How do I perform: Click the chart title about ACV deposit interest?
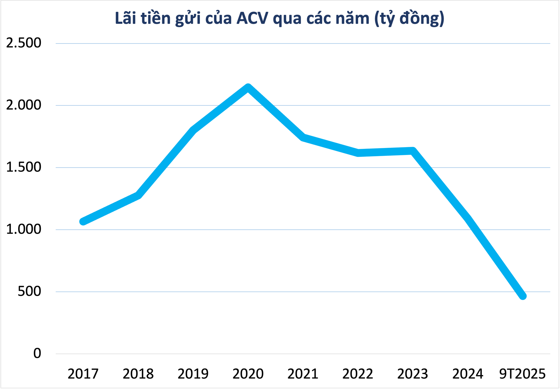tap(279, 18)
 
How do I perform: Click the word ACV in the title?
tap(252, 18)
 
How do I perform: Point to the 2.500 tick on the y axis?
tap(24, 43)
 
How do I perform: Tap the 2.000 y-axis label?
tap(24, 105)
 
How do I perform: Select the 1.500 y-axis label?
tap(24, 167)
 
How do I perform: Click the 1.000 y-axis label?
tap(24, 230)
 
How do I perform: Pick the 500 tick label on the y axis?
tap(29, 291)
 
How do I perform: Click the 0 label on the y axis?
tap(37, 353)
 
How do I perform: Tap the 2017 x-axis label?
tap(83, 374)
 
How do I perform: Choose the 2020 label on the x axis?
tap(248, 374)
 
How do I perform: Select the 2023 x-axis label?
tap(413, 374)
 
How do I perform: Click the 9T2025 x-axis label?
tap(522, 374)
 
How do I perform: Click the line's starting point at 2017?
tap(83, 221)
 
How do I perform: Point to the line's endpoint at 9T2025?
tap(523, 296)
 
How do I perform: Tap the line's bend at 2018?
tap(138, 195)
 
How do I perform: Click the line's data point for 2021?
tap(303, 137)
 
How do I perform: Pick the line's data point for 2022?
tap(358, 153)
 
